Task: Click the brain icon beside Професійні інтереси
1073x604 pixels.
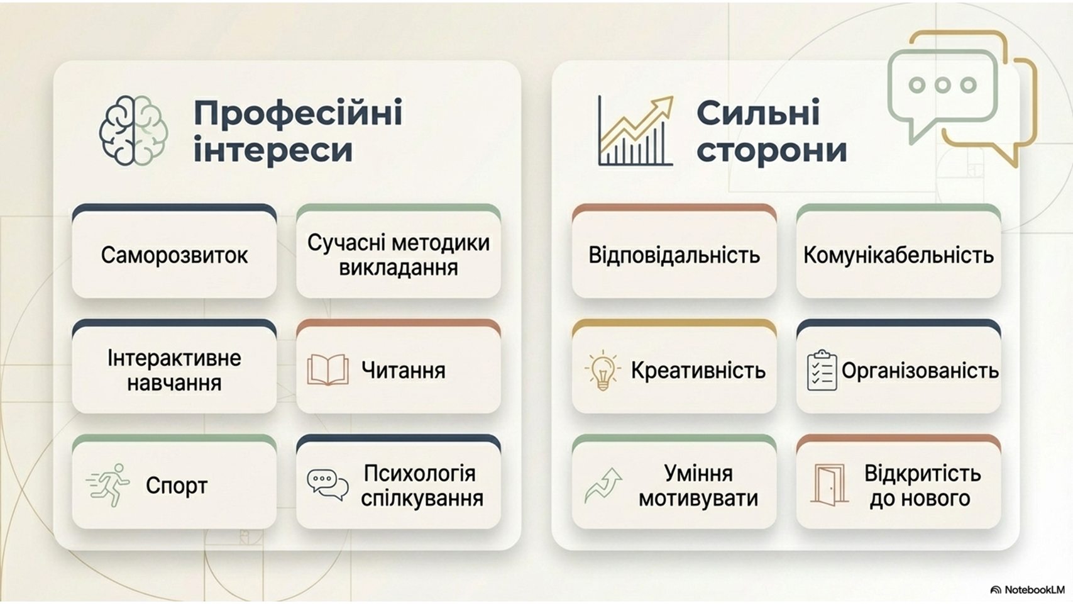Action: click(134, 130)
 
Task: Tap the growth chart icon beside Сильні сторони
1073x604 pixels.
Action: click(636, 130)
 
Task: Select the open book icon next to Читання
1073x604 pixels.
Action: click(327, 369)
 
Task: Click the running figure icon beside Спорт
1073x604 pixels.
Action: click(108, 484)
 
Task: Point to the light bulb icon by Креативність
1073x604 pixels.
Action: click(603, 370)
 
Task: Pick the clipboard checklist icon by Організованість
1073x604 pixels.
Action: click(822, 370)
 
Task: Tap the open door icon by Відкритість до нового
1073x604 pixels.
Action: click(828, 484)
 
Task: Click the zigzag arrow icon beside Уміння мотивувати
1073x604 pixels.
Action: click(603, 485)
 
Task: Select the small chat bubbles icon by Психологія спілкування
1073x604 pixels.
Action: click(327, 485)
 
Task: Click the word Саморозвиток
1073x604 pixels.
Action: click(174, 255)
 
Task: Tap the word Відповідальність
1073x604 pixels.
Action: click(674, 255)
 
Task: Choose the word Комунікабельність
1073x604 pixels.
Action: click(899, 255)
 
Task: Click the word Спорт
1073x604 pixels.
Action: click(177, 486)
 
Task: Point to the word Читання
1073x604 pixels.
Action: click(404, 371)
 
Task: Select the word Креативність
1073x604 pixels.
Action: click(698, 371)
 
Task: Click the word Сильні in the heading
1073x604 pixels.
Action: click(758, 112)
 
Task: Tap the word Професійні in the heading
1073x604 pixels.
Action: click(298, 113)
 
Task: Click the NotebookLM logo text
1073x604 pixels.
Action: click(1034, 590)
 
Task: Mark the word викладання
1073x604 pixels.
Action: click(399, 268)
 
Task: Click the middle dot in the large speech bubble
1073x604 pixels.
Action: click(942, 85)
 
